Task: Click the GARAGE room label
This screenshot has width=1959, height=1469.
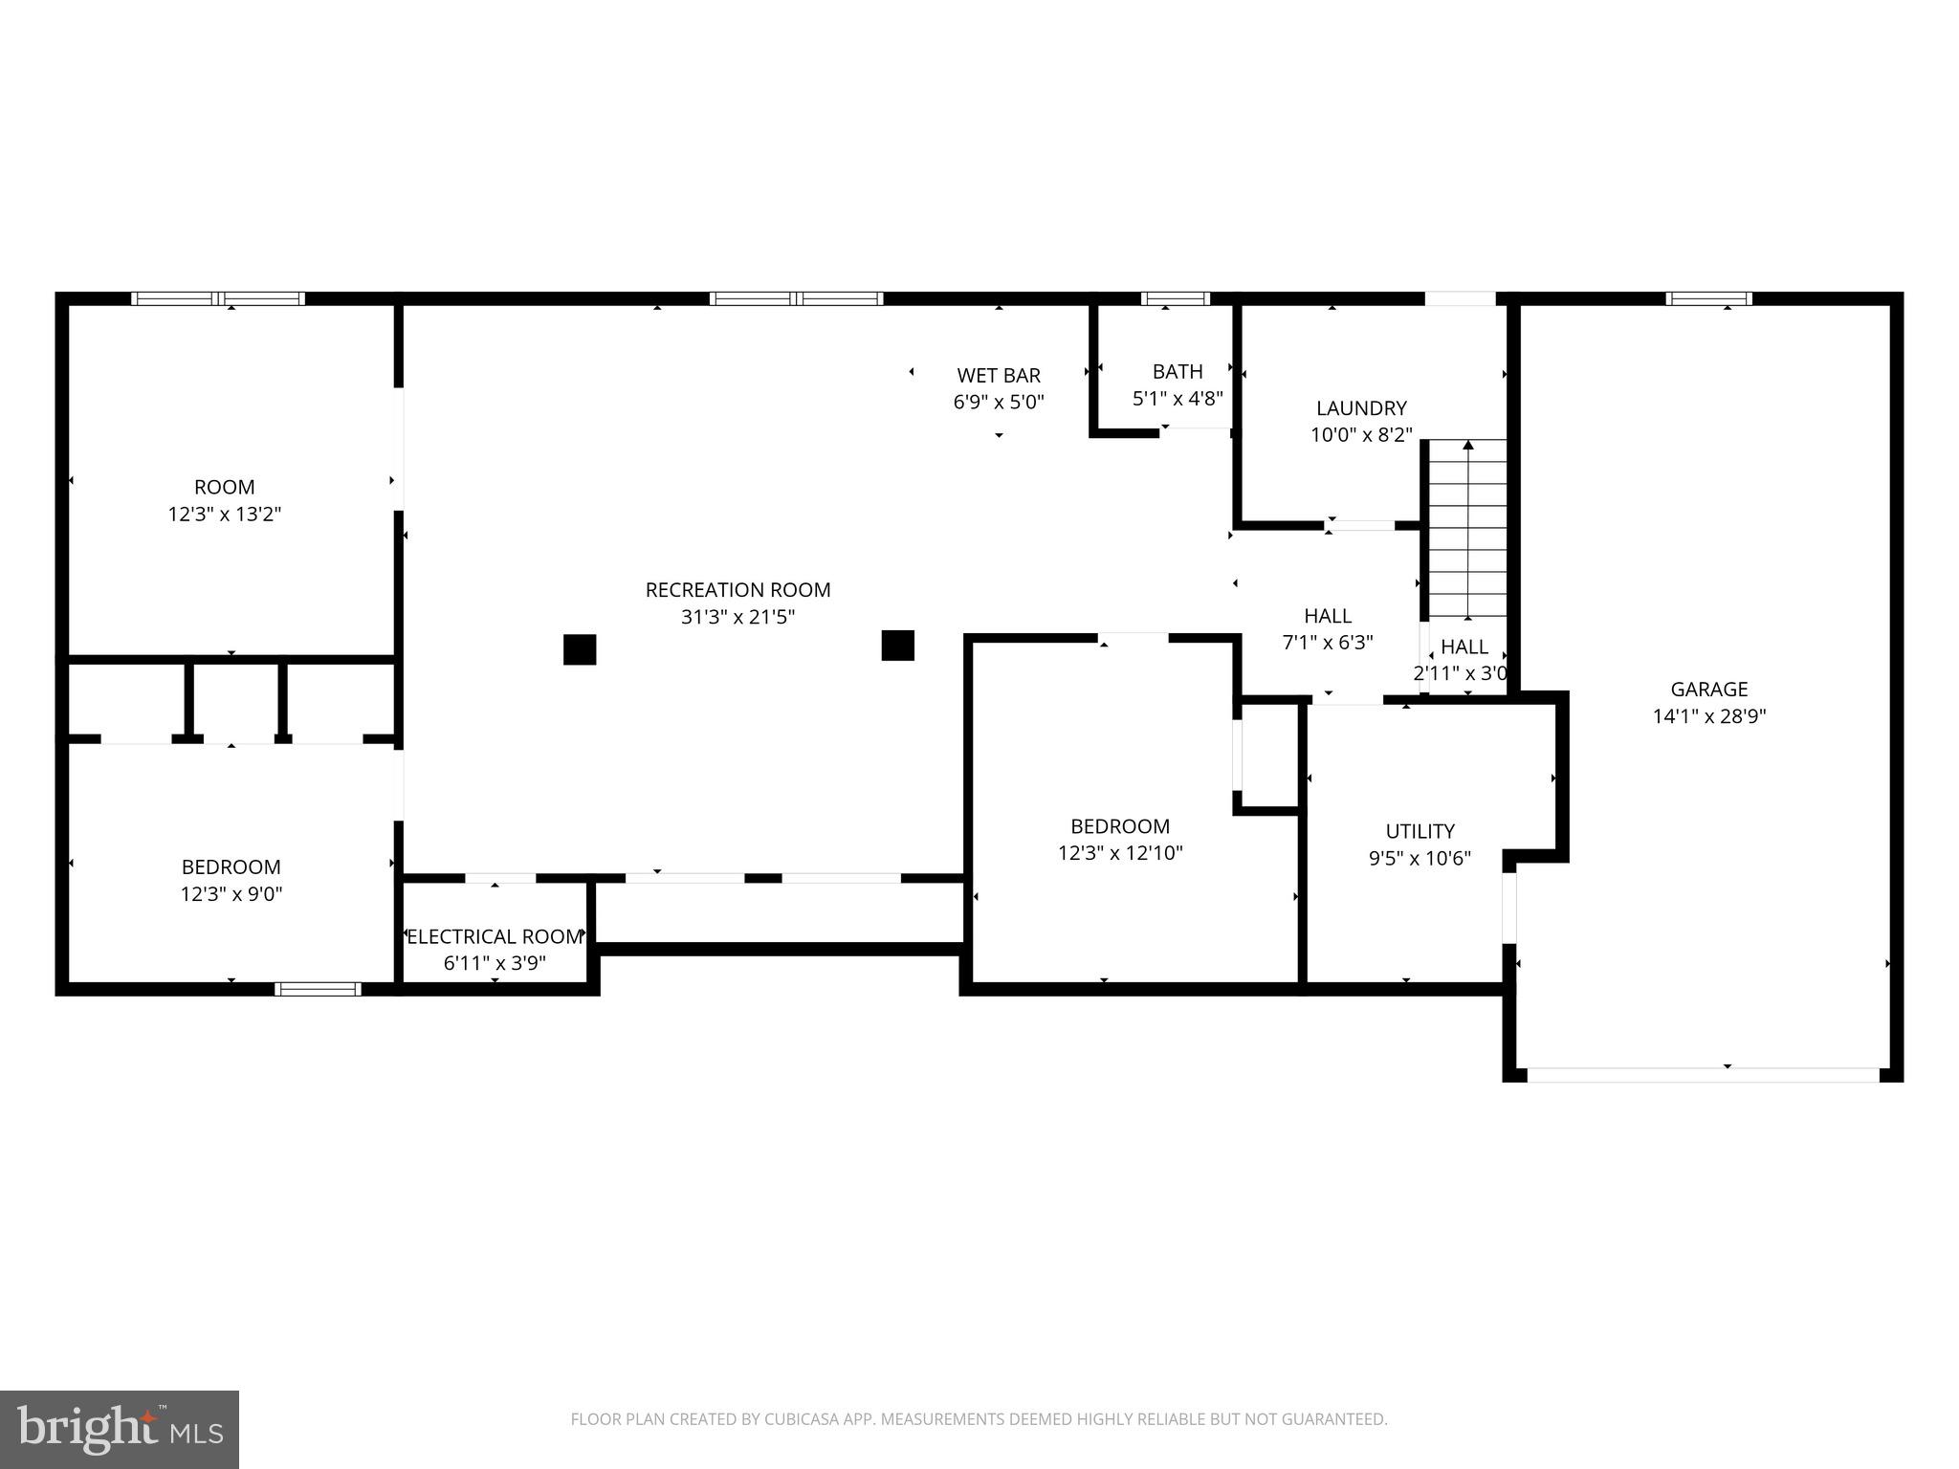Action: (x=1708, y=689)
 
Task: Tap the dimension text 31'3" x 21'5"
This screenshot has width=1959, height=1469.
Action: (x=737, y=617)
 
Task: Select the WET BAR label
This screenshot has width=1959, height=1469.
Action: (x=999, y=375)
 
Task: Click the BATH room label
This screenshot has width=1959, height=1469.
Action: (x=1178, y=371)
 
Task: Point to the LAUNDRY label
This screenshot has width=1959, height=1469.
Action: (x=1361, y=408)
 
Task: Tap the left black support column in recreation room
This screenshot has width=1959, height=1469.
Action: (x=580, y=649)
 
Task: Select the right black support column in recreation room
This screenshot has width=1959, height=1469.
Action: (x=897, y=646)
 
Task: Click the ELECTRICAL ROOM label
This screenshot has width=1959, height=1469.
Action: (x=495, y=936)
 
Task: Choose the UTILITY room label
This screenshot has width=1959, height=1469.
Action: (x=1420, y=831)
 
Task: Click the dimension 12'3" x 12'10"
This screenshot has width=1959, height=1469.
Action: (x=1120, y=852)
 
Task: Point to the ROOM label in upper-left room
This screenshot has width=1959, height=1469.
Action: (x=225, y=487)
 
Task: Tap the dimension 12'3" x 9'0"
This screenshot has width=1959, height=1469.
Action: (x=231, y=894)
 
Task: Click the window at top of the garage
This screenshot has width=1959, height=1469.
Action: (x=1708, y=298)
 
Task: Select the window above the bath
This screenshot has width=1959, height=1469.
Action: (x=1175, y=298)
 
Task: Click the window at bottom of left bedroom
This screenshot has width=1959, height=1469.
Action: (x=318, y=989)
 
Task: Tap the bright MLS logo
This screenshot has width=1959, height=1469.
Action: (x=120, y=1429)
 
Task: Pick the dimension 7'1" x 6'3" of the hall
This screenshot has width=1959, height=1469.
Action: (x=1328, y=643)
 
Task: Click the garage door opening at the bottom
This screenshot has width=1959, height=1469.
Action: (x=1703, y=1075)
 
